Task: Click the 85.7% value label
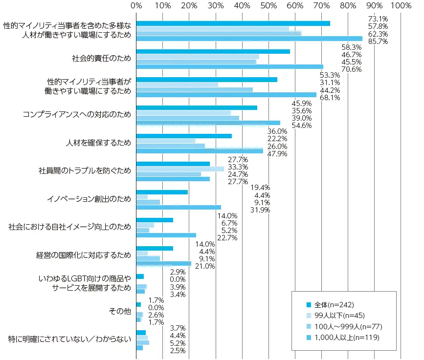point(378,42)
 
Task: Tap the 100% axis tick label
point(401,5)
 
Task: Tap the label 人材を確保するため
point(98,143)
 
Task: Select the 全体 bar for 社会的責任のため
point(213,51)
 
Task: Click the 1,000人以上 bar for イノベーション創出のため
point(179,207)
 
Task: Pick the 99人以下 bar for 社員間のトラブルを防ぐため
point(180,169)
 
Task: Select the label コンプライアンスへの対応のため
point(77,115)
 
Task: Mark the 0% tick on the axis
point(136,5)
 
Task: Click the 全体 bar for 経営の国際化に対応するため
point(155,248)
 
